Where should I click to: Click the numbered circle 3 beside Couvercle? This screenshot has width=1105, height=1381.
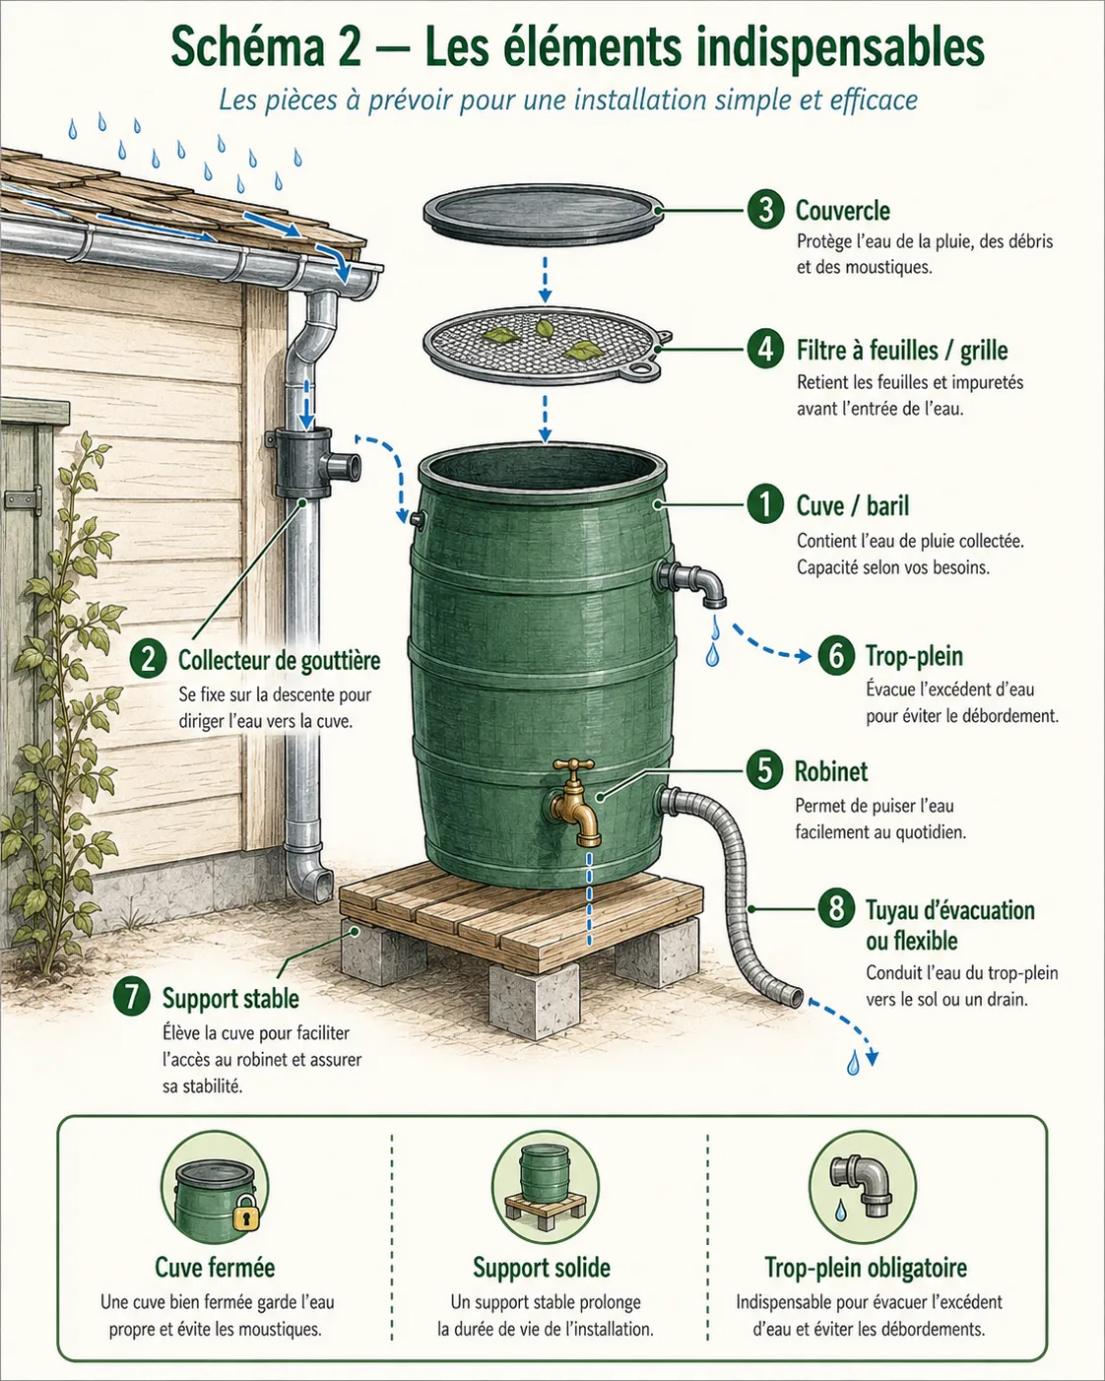[x=765, y=210]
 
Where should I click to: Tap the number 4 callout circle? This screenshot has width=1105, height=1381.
[x=765, y=350]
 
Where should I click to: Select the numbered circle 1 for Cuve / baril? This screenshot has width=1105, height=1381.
[x=765, y=505]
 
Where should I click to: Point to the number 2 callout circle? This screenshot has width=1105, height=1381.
[x=149, y=659]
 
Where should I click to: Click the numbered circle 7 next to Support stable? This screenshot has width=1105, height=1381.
[x=132, y=997]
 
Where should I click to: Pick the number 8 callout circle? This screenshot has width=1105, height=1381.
[x=836, y=909]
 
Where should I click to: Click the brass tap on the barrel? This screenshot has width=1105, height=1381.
[x=575, y=802]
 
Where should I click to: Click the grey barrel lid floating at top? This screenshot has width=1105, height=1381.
[x=543, y=215]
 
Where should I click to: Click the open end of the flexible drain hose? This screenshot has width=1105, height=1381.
[x=796, y=998]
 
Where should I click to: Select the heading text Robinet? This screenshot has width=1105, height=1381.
[x=831, y=771]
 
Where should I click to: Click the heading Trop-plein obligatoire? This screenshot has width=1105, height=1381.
[x=866, y=1268]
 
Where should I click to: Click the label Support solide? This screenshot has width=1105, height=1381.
[x=542, y=1268]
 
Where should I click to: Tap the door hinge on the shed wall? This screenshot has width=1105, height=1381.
[x=23, y=500]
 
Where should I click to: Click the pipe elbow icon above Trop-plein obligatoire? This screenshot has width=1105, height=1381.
[x=860, y=1185]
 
